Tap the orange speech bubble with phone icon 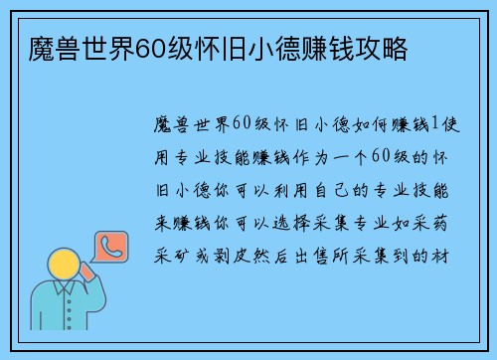[108, 249]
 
